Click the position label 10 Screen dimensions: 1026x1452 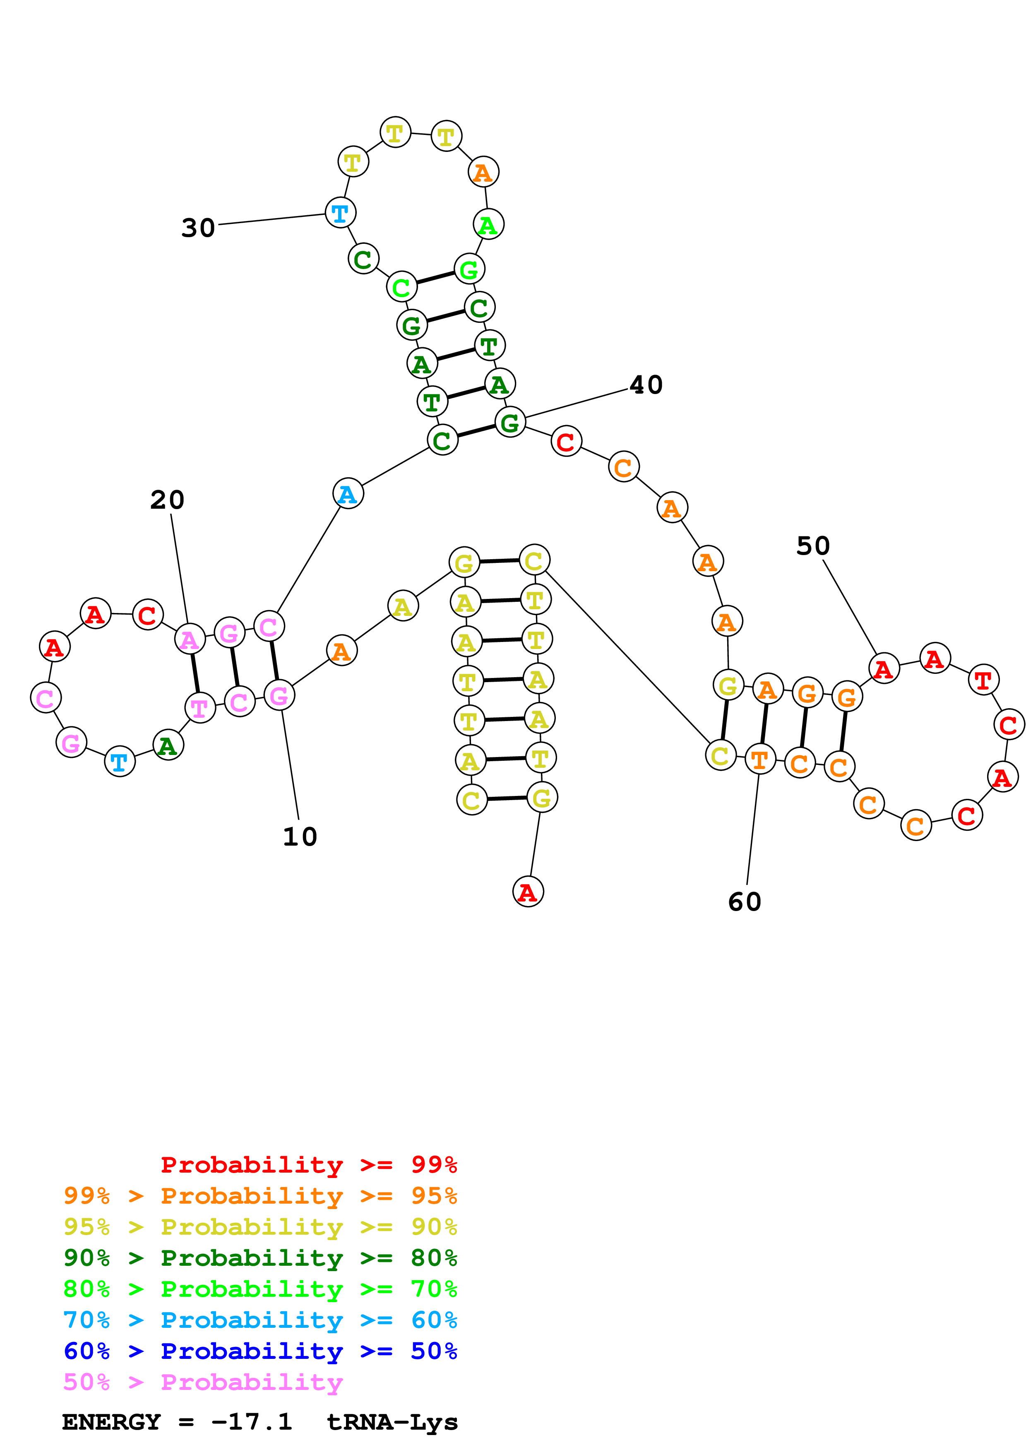[x=300, y=836]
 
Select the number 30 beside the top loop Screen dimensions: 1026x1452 [x=198, y=228]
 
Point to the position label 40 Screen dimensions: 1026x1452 [x=646, y=385]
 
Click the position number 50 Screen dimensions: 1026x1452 [x=812, y=546]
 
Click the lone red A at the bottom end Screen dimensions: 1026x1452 [x=528, y=892]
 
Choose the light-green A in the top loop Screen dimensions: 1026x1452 [x=488, y=224]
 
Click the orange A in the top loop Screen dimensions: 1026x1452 [x=483, y=172]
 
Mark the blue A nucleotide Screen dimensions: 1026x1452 [x=348, y=494]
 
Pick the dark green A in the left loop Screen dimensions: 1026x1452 [x=168, y=745]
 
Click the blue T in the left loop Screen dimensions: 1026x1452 [x=120, y=762]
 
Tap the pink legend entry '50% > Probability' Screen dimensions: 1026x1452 [x=203, y=1382]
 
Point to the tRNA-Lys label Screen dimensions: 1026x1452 [x=392, y=1422]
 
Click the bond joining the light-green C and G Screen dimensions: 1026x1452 [x=435, y=278]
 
